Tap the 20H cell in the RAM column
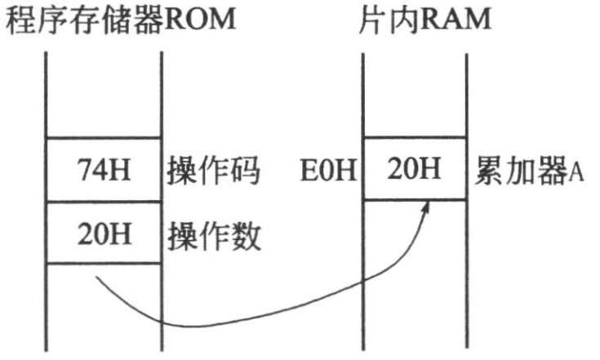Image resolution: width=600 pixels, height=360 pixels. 414,171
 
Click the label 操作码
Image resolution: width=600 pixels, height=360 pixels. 214,172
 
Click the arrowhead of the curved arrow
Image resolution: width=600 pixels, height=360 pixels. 426,205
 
